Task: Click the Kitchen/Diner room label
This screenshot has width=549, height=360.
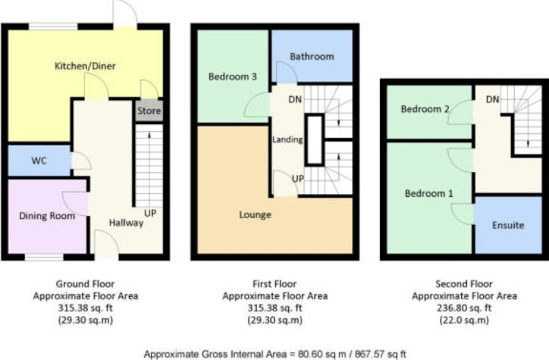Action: [x=85, y=66]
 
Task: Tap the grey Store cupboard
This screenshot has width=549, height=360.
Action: [x=149, y=111]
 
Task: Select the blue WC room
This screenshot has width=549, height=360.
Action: [x=39, y=160]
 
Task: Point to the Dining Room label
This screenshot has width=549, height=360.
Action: [x=47, y=216]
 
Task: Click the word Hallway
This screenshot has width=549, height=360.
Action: [x=126, y=223]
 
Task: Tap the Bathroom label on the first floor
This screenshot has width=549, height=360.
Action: [x=312, y=56]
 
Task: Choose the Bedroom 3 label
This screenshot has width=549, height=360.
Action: [x=233, y=76]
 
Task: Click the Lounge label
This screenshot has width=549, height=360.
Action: [x=255, y=215]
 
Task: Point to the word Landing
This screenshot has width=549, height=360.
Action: [x=288, y=140]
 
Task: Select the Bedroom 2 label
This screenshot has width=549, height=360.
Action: [x=425, y=109]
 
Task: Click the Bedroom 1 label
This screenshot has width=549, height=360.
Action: [x=429, y=193]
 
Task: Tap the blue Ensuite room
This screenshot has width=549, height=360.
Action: [x=508, y=225]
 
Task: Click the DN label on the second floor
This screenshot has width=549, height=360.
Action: [x=492, y=99]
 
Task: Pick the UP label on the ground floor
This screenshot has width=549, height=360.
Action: [x=150, y=213]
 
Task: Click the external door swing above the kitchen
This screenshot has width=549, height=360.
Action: [x=125, y=12]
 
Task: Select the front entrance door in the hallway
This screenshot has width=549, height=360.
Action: [x=106, y=244]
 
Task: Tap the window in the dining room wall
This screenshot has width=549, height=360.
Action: [x=44, y=258]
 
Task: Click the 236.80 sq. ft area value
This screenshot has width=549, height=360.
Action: [x=464, y=308]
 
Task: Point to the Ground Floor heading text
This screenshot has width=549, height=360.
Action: [x=85, y=284]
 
